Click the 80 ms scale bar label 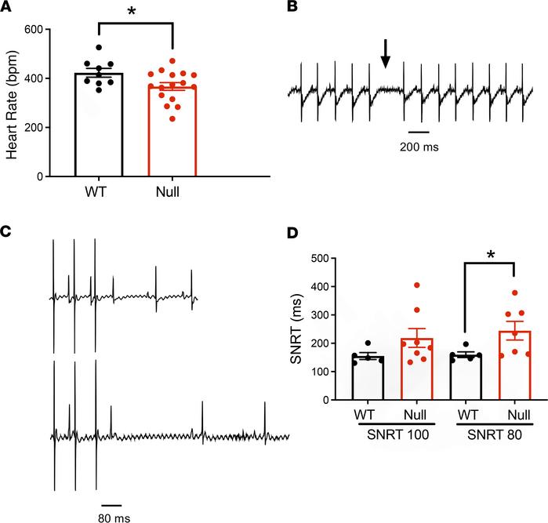pos(111,518)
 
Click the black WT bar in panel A pos(99,125)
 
